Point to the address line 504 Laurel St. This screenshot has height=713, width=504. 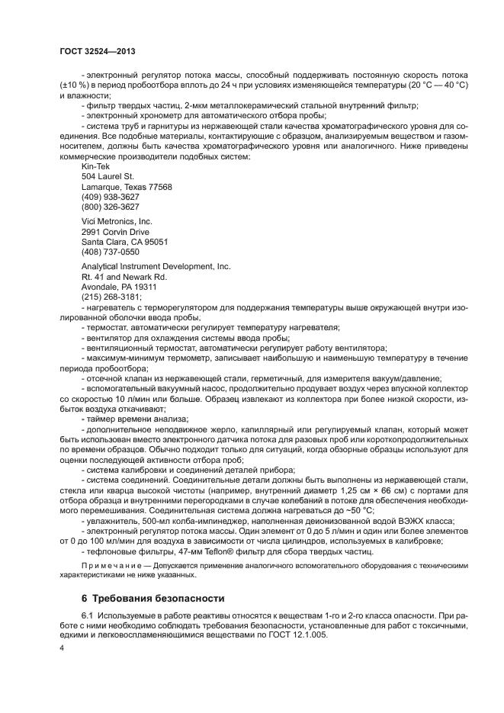click(x=108, y=176)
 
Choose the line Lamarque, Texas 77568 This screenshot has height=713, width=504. click(x=127, y=187)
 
